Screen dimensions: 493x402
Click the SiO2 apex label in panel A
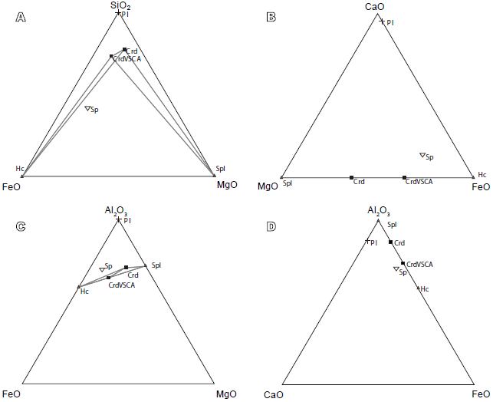pyautogui.click(x=119, y=6)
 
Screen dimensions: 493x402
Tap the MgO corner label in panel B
pyautogui.click(x=268, y=186)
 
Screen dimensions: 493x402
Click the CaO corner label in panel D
pyautogui.click(x=274, y=395)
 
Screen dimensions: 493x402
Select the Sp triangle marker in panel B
pyautogui.click(x=422, y=156)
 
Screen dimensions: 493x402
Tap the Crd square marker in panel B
pyautogui.click(x=351, y=177)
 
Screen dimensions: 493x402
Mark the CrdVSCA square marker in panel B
pyautogui.click(x=404, y=177)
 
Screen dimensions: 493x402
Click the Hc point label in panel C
pyautogui.click(x=84, y=292)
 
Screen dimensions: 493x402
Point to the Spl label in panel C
pyautogui.click(x=156, y=265)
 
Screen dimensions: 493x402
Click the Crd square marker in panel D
pyautogui.click(x=390, y=242)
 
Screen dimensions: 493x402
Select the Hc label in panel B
pyautogui.click(x=482, y=175)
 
